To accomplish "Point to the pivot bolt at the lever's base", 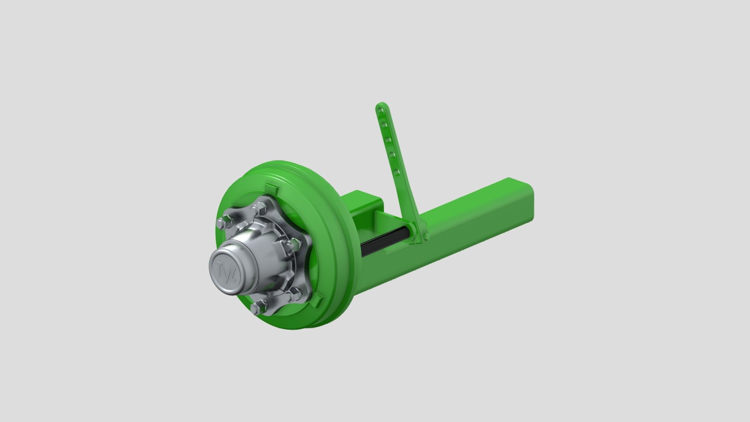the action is (426, 236).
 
